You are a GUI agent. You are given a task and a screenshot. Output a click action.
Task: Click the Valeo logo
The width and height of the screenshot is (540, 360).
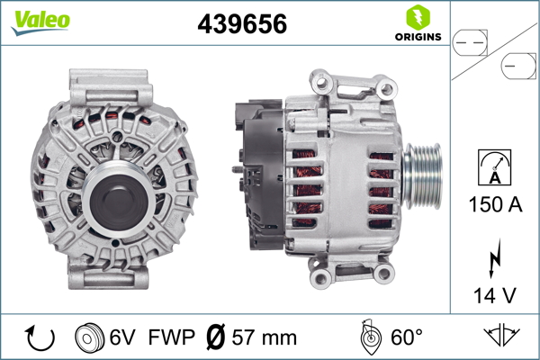click(x=40, y=22)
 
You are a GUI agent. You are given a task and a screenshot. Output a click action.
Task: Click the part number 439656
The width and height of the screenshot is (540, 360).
click(x=242, y=24)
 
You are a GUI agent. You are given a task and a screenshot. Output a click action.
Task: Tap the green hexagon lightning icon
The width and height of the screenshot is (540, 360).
click(x=418, y=17)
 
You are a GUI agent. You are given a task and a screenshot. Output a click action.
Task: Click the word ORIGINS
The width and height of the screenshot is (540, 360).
click(x=418, y=37)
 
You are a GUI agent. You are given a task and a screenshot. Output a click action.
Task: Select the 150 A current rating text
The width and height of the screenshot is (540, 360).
click(x=495, y=204)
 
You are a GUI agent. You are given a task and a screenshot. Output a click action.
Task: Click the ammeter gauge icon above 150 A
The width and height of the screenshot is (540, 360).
click(x=494, y=167)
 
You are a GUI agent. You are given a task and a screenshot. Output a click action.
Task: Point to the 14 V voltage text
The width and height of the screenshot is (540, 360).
click(x=494, y=295)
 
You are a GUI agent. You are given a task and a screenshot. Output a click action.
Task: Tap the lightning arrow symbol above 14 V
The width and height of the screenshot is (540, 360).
click(x=495, y=258)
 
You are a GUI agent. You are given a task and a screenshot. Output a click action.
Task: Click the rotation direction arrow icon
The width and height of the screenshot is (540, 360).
click(x=40, y=337)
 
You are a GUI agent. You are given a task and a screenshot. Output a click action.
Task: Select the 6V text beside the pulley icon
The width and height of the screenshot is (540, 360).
click(x=122, y=337)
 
